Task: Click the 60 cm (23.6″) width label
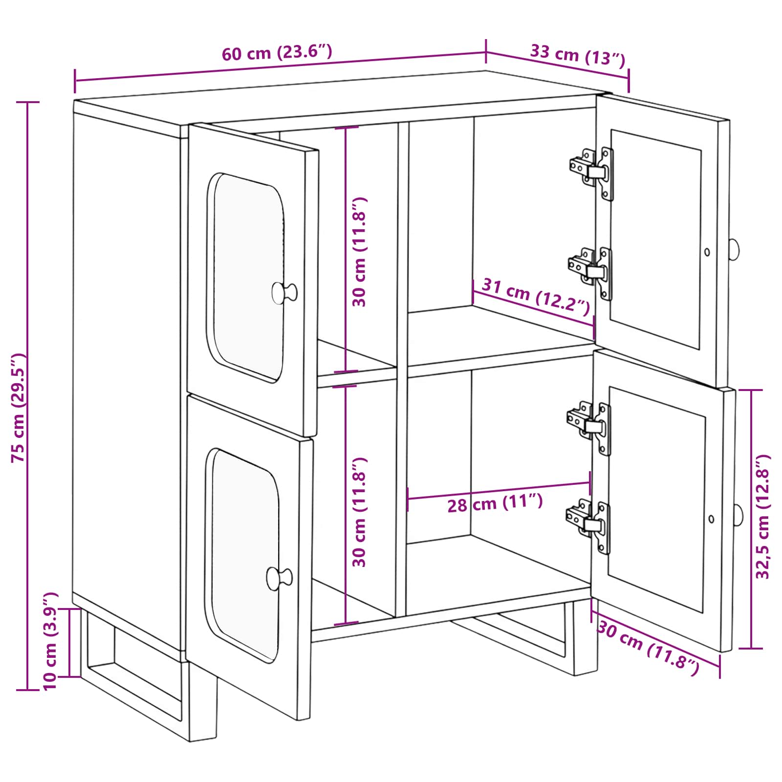pyautogui.click(x=277, y=52)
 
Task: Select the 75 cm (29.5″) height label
pyautogui.click(x=18, y=408)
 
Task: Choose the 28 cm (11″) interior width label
pyautogui.click(x=495, y=503)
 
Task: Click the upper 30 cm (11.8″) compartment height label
pyautogui.click(x=359, y=252)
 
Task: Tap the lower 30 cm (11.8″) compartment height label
pyautogui.click(x=359, y=512)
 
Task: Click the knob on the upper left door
pyautogui.click(x=284, y=293)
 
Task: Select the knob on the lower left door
pyautogui.click(x=279, y=578)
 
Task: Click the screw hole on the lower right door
pyautogui.click(x=711, y=519)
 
